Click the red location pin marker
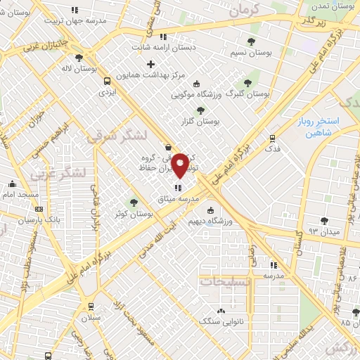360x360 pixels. click(180, 165)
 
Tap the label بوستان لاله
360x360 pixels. click(77, 69)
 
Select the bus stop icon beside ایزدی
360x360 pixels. click(106, 80)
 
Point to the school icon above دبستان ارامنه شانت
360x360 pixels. click(163, 37)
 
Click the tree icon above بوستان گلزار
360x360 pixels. click(201, 110)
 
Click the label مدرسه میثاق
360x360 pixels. click(178, 199)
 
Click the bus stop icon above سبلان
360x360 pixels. click(91, 306)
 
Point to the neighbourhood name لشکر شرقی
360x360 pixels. click(116, 136)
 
